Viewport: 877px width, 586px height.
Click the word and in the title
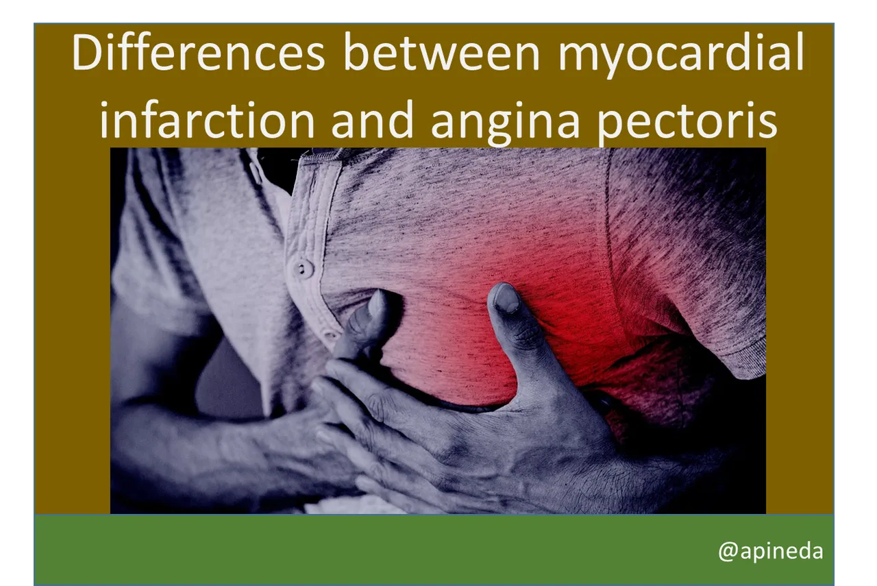click(373, 121)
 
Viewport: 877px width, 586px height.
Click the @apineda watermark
click(770, 550)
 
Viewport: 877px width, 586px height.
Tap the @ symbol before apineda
click(727, 551)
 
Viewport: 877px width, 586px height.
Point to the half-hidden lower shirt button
click(331, 335)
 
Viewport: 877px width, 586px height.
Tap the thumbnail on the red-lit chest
click(506, 297)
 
